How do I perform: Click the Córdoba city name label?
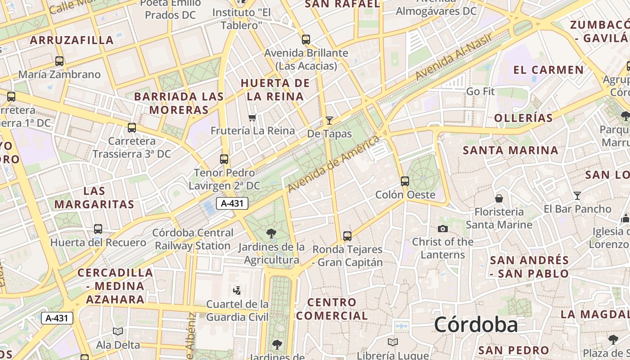[476, 325]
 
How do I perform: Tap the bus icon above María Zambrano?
[59, 61]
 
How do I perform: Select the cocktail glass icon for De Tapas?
[329, 120]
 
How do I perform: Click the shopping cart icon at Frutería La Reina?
[252, 117]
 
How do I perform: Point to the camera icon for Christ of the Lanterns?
[443, 229]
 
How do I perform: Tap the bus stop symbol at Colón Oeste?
[405, 181]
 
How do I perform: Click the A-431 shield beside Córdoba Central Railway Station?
[232, 203]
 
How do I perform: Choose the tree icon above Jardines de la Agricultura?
[271, 233]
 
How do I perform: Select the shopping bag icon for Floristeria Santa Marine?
[499, 198]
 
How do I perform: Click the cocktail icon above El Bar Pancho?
[577, 195]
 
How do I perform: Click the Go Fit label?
[480, 91]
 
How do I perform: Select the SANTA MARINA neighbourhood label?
[511, 150]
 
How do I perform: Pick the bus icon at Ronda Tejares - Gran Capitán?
[347, 236]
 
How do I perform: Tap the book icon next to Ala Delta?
[118, 332]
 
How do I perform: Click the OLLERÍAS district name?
[523, 118]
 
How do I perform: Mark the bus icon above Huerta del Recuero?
[98, 229]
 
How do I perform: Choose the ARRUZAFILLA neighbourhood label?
[72, 40]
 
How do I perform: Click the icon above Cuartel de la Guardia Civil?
[237, 290]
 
